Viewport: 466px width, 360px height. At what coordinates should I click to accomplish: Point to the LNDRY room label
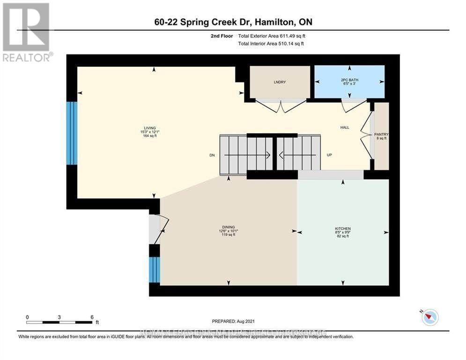280,82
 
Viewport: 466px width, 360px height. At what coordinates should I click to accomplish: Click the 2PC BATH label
349,80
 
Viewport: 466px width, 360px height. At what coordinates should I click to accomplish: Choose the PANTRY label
382,135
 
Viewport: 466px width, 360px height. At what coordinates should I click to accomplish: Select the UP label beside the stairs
329,155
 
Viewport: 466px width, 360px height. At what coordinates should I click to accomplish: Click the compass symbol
429,317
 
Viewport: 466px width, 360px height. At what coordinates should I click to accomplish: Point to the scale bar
59,322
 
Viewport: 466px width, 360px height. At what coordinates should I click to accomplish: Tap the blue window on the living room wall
71,133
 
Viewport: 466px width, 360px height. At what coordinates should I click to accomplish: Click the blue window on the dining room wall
155,270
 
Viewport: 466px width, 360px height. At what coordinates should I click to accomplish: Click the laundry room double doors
281,106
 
